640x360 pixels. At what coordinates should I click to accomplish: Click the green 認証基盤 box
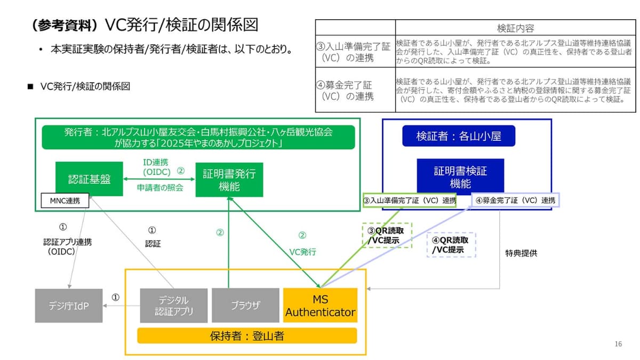[89, 179]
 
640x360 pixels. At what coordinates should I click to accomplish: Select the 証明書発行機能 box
[229, 180]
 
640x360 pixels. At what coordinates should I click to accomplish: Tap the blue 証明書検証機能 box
[460, 177]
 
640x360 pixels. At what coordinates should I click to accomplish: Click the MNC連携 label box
[65, 201]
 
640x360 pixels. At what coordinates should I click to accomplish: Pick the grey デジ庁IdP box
[68, 306]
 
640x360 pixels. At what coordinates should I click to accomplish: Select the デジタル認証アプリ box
[173, 306]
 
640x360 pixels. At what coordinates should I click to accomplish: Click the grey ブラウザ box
[245, 306]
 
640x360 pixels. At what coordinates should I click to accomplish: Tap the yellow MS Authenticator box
[320, 306]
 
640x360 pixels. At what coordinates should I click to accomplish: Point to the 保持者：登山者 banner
[247, 335]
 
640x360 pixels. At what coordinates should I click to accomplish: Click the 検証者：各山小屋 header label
[459, 136]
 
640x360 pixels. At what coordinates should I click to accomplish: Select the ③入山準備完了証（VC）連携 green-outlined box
[410, 201]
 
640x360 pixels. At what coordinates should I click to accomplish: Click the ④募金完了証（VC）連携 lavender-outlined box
[515, 201]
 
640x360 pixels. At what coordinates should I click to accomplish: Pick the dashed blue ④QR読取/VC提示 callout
[451, 245]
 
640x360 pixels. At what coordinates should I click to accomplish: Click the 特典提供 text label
[521, 253]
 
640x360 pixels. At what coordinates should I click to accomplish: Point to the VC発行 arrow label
[302, 252]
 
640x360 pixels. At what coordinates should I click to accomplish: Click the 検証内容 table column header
[515, 28]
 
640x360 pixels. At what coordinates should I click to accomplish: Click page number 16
[618, 344]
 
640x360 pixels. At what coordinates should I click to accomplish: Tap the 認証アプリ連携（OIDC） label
[67, 246]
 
